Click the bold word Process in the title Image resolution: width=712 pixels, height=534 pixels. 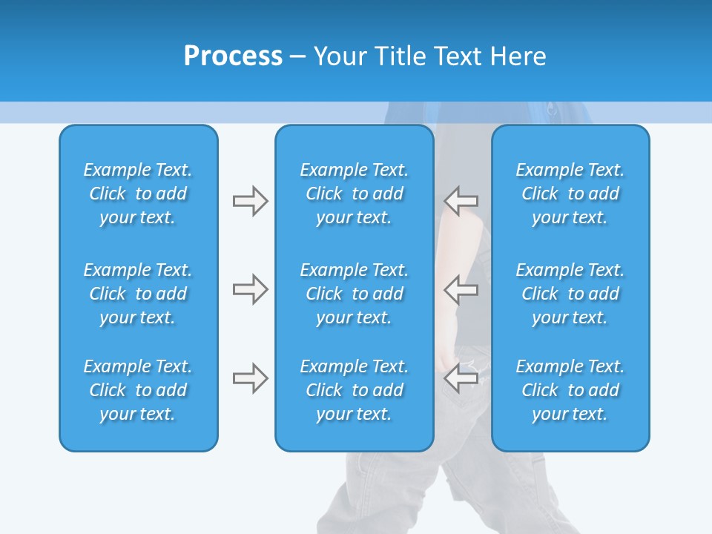tap(233, 56)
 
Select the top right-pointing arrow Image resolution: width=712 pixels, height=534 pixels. tap(250, 201)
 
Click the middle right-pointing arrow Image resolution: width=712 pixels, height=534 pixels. tap(250, 289)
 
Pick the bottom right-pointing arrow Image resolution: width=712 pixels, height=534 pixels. tap(250, 378)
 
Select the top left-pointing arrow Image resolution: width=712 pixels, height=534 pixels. tap(461, 201)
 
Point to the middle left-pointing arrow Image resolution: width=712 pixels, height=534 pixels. tap(461, 289)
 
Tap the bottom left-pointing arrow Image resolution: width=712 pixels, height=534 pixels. tap(461, 378)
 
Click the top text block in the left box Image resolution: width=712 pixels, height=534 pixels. tap(138, 194)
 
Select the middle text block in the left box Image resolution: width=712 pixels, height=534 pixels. tap(138, 294)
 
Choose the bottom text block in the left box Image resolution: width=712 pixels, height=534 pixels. tap(138, 390)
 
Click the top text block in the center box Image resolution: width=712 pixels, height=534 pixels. tap(355, 194)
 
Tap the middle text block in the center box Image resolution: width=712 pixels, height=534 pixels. tap(355, 294)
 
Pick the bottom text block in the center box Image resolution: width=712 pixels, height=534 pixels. tap(355, 390)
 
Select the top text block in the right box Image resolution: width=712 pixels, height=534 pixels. tap(570, 194)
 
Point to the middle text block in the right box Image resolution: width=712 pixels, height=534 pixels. tap(570, 294)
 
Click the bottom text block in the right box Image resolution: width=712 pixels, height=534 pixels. tap(570, 390)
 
